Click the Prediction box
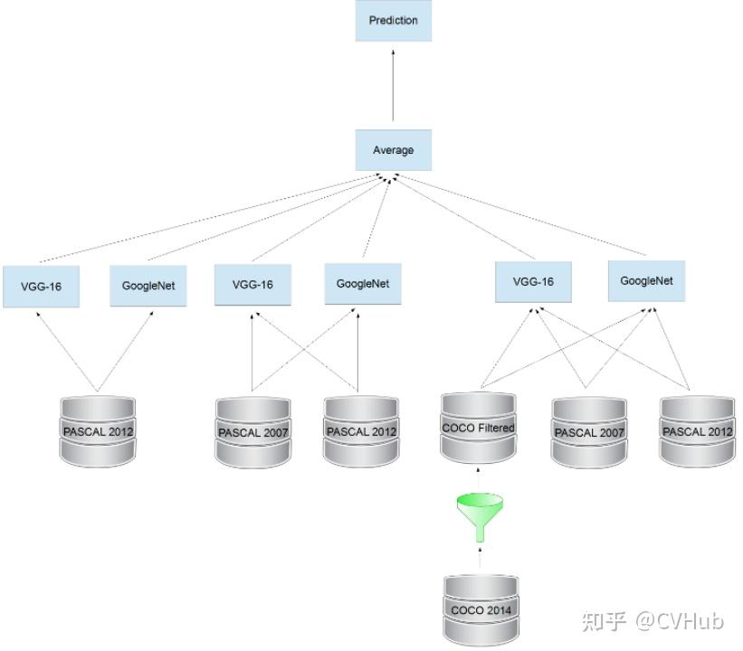[x=394, y=21]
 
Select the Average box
[x=394, y=149]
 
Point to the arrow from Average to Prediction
[x=393, y=85]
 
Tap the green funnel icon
[x=480, y=517]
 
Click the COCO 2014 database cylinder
[x=481, y=609]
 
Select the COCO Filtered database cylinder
[x=478, y=428]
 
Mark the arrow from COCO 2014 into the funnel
[x=480, y=557]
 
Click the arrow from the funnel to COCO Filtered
[x=478, y=478]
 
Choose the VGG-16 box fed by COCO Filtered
[x=533, y=282]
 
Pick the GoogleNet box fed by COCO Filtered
[x=646, y=281]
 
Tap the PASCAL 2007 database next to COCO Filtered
[x=589, y=432]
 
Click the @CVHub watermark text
[x=680, y=620]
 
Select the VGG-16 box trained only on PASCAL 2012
[x=42, y=287]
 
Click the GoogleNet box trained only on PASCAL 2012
[x=148, y=286]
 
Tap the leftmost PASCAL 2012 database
[x=98, y=431]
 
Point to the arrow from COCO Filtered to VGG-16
[x=507, y=348]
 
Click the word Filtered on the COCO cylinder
[x=496, y=428]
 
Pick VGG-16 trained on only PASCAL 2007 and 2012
[x=252, y=285]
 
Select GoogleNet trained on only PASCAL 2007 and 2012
[x=363, y=284]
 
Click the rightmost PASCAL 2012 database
[x=697, y=431]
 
